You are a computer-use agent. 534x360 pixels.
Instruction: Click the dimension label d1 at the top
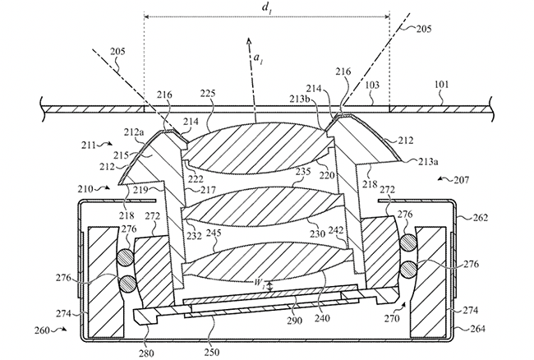click(266, 8)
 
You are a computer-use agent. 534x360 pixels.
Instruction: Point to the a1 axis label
click(258, 60)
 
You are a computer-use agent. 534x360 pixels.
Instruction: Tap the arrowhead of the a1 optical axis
click(249, 41)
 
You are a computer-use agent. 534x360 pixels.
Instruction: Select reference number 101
click(442, 84)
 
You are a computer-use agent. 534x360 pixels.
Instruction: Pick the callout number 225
click(208, 94)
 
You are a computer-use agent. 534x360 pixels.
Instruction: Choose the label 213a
click(428, 162)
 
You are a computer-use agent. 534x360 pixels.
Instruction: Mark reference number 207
click(462, 179)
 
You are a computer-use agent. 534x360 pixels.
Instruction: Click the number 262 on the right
click(481, 217)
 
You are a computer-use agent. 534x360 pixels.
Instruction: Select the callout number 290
click(294, 321)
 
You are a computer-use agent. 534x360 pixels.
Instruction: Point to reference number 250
click(212, 352)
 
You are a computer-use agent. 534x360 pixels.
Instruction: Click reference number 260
click(42, 330)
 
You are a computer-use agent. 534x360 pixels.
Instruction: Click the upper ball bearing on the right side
click(407, 242)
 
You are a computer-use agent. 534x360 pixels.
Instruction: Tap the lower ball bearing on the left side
click(127, 284)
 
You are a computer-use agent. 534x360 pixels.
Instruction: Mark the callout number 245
click(214, 233)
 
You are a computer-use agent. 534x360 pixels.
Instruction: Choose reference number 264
click(477, 329)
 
